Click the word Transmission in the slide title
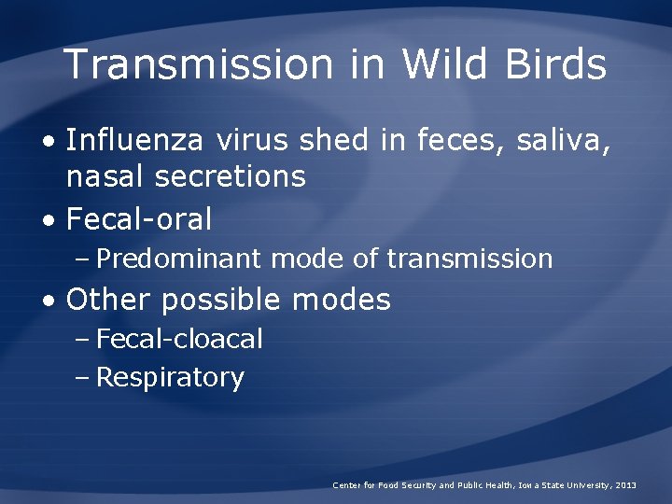(198, 65)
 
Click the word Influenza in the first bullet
(136, 141)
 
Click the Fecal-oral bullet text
(139, 219)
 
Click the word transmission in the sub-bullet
(469, 259)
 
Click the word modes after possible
(341, 300)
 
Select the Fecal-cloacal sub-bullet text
(179, 339)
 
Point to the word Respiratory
(170, 378)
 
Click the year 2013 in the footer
(625, 485)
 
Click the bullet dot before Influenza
(49, 143)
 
